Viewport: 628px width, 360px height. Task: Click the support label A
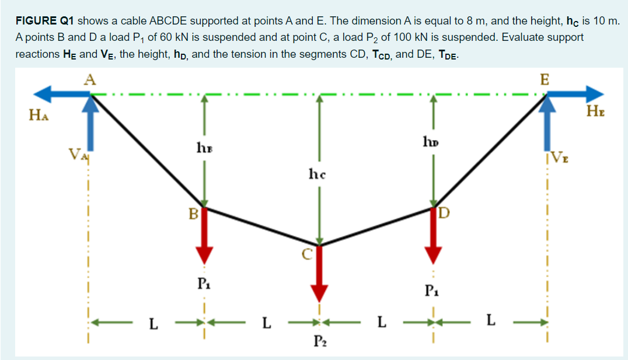(x=89, y=81)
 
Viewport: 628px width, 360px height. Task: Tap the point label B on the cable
(x=193, y=214)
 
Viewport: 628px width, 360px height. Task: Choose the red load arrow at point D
(x=432, y=236)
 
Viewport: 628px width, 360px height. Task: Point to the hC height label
(x=316, y=173)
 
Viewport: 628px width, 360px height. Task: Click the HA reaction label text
(x=37, y=116)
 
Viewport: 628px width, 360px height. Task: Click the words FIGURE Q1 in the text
(x=44, y=21)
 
